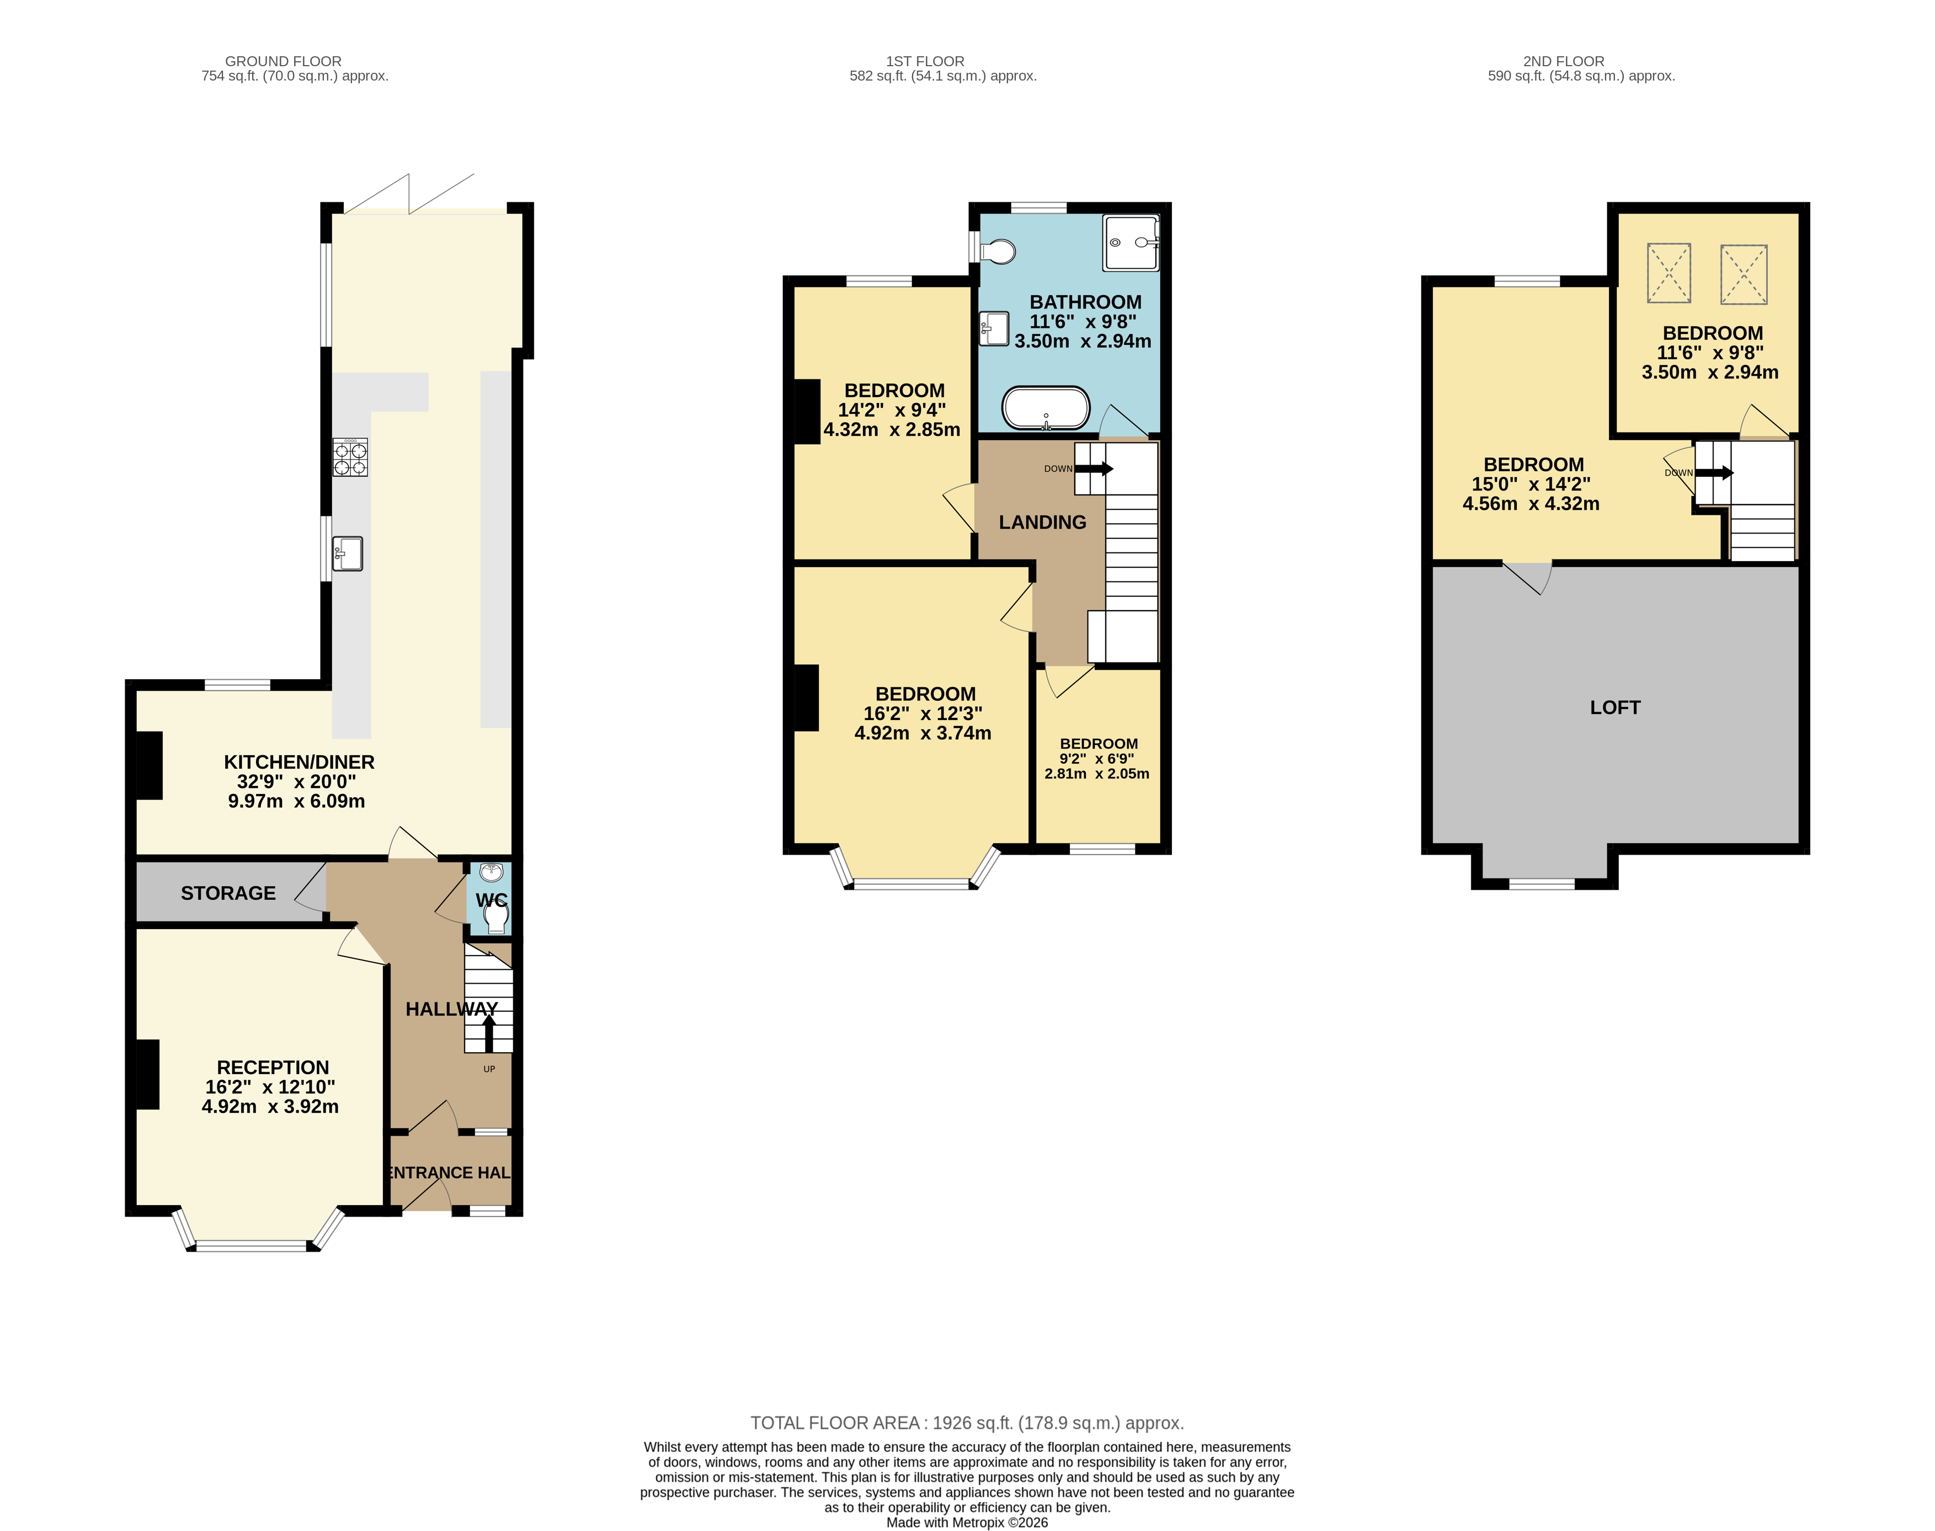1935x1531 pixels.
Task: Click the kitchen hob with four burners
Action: [x=350, y=457]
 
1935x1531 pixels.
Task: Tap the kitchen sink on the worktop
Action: [x=348, y=553]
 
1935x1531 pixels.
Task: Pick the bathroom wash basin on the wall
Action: [x=993, y=328]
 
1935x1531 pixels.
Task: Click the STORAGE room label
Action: [x=228, y=893]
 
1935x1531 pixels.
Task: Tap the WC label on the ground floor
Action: [x=491, y=899]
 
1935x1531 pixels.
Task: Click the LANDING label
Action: [x=1042, y=522]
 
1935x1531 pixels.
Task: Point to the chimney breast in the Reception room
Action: [x=147, y=1074]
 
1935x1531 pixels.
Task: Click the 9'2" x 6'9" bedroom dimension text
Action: [x=1096, y=766]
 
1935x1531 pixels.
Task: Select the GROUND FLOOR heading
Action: [x=282, y=61]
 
